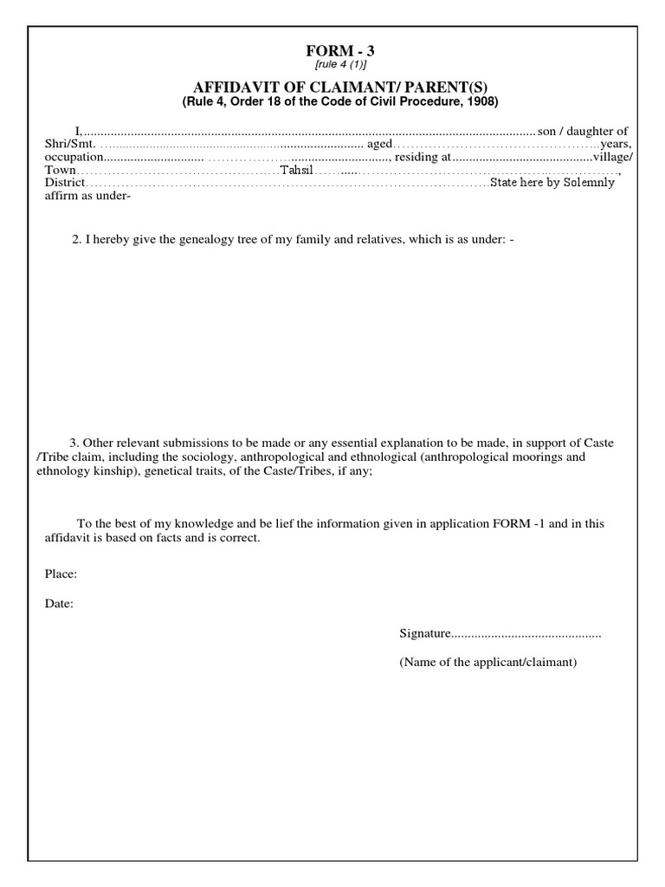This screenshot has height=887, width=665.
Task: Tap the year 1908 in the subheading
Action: [x=483, y=102]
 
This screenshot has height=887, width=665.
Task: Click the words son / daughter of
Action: [x=582, y=130]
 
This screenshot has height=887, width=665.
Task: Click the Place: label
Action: [x=61, y=574]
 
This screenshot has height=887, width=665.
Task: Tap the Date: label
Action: [x=59, y=605]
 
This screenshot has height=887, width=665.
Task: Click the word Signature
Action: [x=425, y=634]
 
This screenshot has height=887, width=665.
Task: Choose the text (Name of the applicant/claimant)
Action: [x=487, y=663]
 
